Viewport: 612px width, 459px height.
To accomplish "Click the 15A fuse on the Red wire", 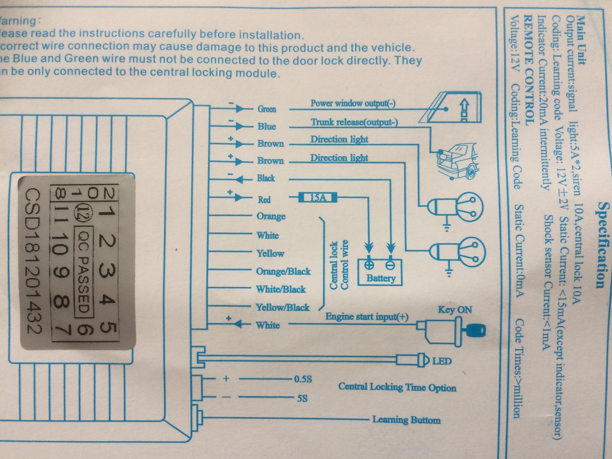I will pyautogui.click(x=318, y=198).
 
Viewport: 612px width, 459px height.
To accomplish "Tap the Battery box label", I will pyautogui.click(x=381, y=278).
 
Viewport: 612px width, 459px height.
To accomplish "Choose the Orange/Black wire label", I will pyautogui.click(x=283, y=271).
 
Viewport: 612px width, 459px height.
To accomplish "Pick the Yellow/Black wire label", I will pyautogui.click(x=283, y=307).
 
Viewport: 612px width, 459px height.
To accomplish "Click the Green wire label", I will pyautogui.click(x=267, y=109).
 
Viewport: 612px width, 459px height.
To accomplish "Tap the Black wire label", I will pyautogui.click(x=266, y=178).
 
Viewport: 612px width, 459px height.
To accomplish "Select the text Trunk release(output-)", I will pyautogui.click(x=354, y=122).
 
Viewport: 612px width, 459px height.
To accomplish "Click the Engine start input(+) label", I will pyautogui.click(x=367, y=317).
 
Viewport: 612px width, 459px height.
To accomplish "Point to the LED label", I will pyautogui.click(x=442, y=361).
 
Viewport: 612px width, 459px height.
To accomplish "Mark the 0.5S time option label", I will pyautogui.click(x=303, y=379).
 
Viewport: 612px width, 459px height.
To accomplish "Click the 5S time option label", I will pyautogui.click(x=302, y=398).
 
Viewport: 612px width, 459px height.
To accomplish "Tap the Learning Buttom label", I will pyautogui.click(x=406, y=420).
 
